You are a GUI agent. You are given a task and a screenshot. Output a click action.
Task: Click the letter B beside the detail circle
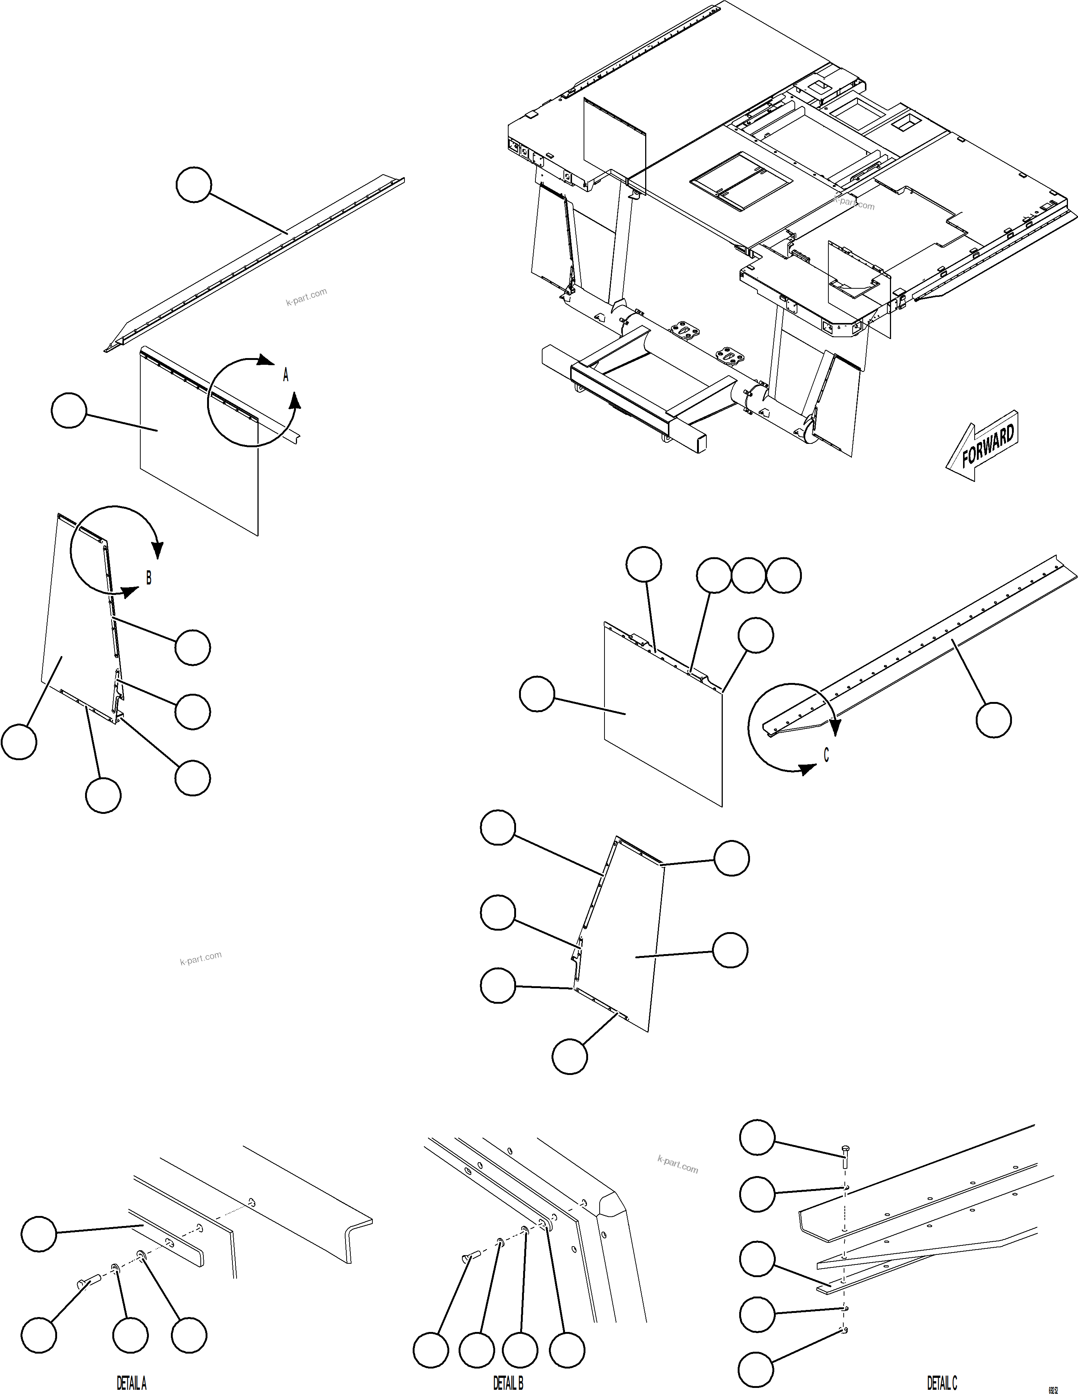click(149, 578)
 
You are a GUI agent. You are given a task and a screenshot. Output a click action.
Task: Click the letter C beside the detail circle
click(826, 755)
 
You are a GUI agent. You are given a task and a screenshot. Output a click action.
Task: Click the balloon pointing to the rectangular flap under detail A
click(68, 411)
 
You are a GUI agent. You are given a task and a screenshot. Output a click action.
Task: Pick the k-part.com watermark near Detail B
click(677, 1164)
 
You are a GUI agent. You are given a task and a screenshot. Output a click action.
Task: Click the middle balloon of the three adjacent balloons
click(748, 575)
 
